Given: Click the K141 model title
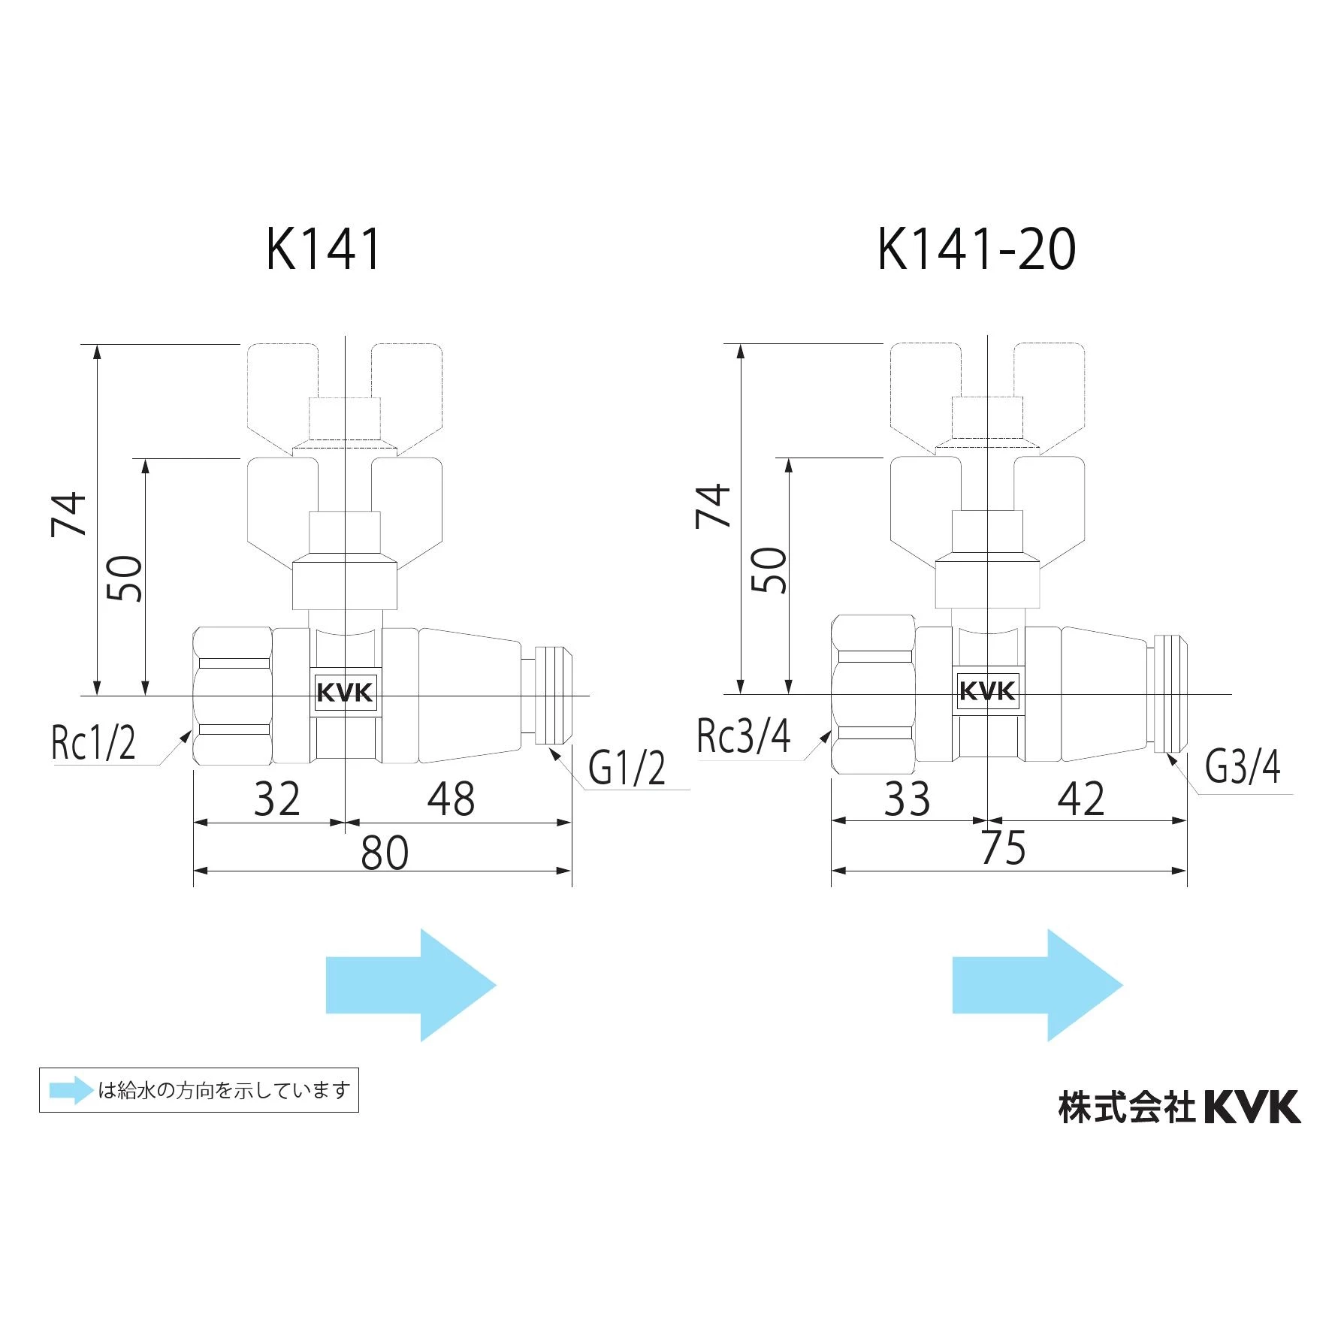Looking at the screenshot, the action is [324, 249].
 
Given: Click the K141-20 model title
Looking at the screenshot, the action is [977, 249].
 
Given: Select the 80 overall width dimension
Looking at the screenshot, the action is [385, 853].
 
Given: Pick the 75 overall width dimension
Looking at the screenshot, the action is [1004, 848].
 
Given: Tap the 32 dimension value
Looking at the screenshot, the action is [276, 799].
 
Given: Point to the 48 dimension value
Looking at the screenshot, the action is [451, 799].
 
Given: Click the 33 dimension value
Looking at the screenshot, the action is [907, 799].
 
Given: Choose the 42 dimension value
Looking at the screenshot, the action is [1081, 799].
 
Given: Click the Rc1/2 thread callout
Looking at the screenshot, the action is [93, 742].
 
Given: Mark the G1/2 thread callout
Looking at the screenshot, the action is [627, 768].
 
